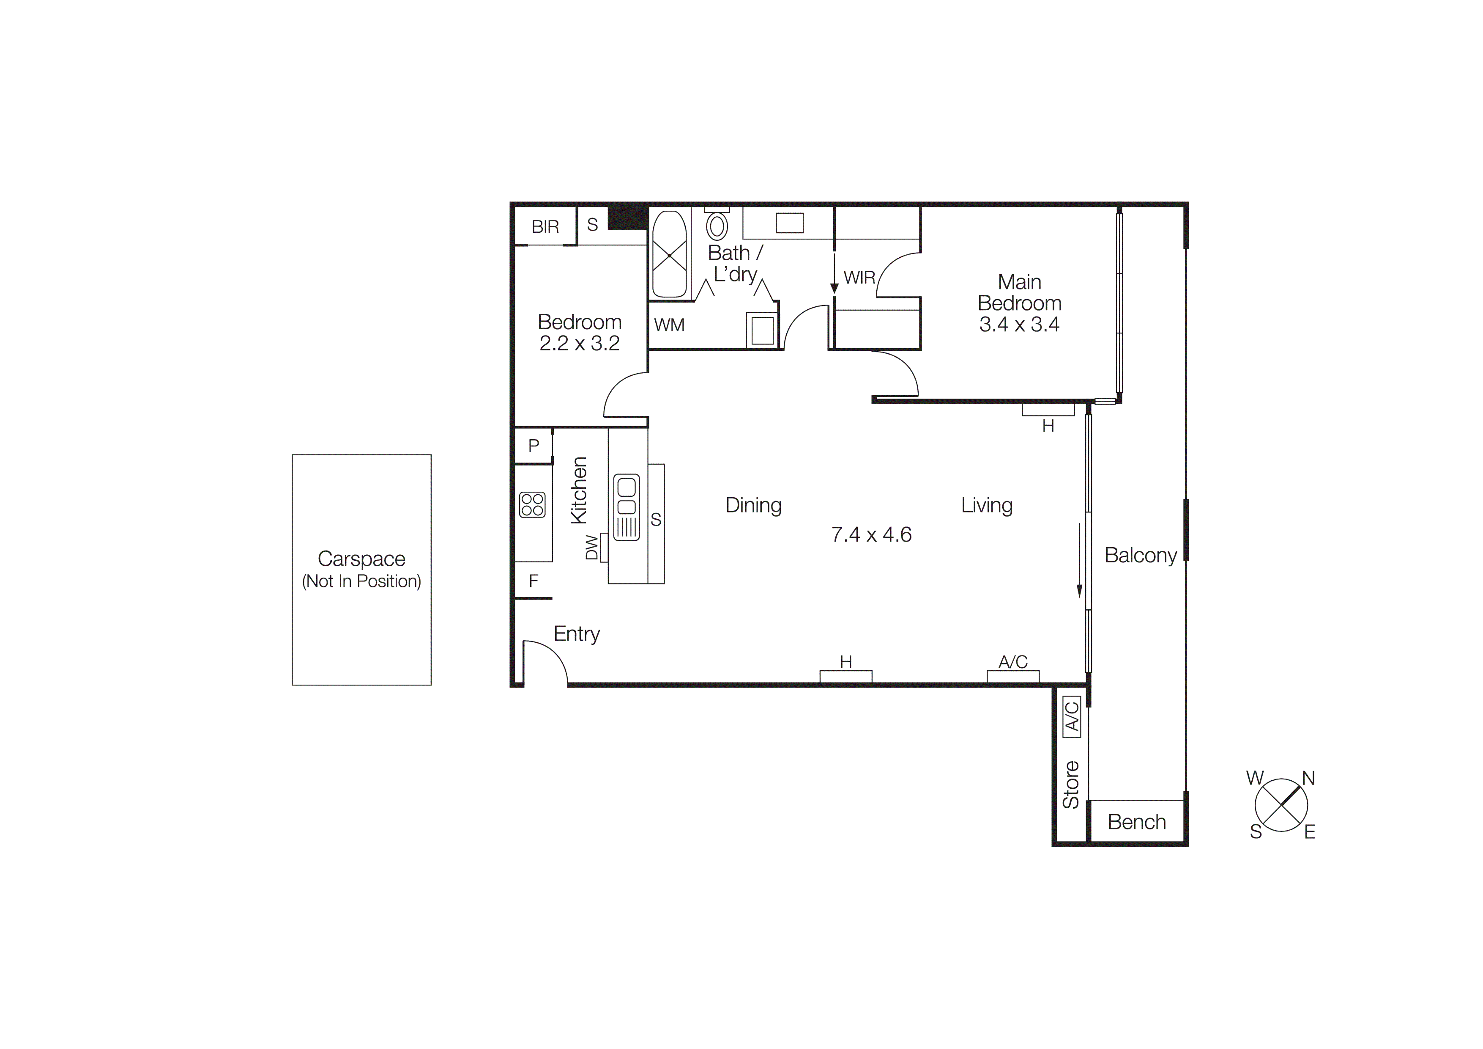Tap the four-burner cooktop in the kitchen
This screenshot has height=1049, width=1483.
point(533,505)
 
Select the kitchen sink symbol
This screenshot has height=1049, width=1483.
point(626,507)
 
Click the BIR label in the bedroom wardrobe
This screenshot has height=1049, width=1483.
point(545,227)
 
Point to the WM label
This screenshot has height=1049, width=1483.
point(669,325)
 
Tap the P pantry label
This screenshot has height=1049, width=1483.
point(534,445)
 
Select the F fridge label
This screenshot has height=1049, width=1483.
point(534,581)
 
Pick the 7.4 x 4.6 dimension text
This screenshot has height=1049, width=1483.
point(871,534)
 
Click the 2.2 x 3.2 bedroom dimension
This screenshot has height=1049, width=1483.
point(580,343)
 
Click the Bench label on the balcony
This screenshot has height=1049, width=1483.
point(1136,822)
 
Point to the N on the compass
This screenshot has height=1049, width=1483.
point(1308,778)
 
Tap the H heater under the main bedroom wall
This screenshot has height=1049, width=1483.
point(1048,410)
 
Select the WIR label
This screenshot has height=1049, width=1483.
point(859,278)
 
